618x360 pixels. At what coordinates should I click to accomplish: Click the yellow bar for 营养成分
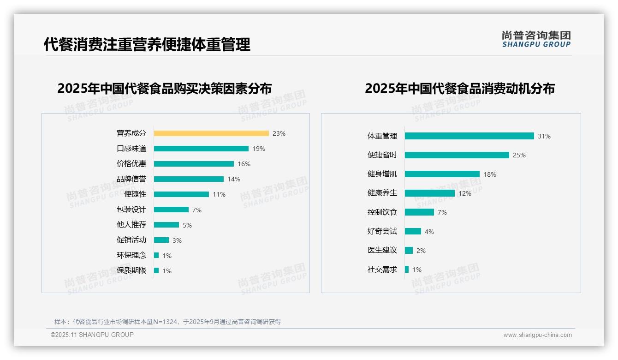pos(211,133)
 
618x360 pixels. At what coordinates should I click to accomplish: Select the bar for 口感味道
pos(201,149)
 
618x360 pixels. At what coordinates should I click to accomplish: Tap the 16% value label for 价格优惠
pos(244,164)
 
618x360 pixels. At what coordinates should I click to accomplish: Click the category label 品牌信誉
pos(131,179)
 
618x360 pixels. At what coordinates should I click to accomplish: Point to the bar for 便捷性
pos(181,194)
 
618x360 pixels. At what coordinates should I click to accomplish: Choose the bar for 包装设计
pos(171,210)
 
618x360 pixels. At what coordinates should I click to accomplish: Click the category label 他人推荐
pos(131,225)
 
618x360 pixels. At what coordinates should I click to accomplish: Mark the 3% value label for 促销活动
pos(177,240)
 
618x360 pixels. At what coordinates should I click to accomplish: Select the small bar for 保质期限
pos(156,270)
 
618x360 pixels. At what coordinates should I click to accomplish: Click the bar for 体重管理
pos(469,136)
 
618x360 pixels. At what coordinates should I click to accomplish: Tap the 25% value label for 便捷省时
pos(519,155)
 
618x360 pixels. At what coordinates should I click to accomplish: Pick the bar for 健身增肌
pos(442,174)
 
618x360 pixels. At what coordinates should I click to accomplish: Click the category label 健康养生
pos(382,193)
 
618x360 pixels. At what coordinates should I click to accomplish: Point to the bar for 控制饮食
pos(420,212)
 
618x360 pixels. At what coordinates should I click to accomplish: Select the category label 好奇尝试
pos(382,231)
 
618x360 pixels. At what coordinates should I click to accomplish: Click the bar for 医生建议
pos(409,250)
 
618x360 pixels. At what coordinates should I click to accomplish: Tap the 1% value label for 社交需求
pos(417,270)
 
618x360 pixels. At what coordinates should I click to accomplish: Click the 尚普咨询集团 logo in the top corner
pos(536,39)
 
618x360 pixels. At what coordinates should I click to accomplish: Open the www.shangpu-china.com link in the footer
pos(537,335)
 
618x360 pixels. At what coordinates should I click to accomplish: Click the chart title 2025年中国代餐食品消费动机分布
pos(460,88)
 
